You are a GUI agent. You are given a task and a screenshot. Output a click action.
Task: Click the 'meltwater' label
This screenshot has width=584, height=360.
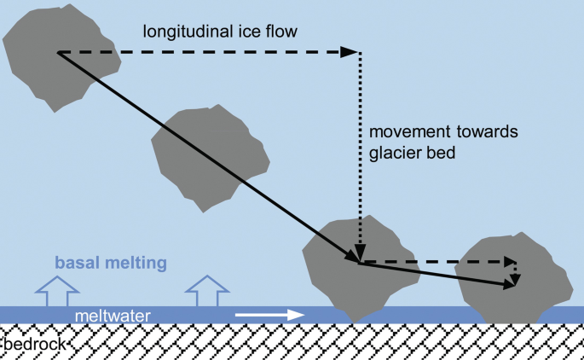pos(113,316)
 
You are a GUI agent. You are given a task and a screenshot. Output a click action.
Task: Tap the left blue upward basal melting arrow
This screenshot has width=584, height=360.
pos(53,290)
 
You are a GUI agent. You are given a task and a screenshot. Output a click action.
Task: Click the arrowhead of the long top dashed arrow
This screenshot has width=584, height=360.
pos(350,52)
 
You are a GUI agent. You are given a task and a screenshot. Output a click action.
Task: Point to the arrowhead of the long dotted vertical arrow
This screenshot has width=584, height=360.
pos(361,254)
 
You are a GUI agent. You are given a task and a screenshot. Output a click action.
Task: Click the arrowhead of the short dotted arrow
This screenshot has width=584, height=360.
pos(516,274)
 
